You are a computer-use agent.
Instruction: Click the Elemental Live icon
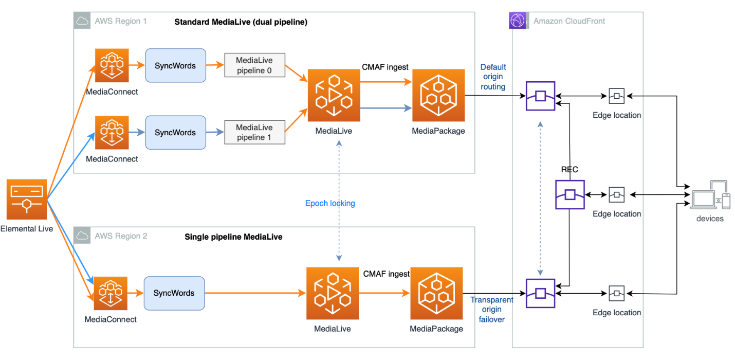(x=27, y=199)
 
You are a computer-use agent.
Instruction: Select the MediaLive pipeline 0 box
(x=254, y=65)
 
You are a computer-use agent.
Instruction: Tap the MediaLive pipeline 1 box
(x=254, y=132)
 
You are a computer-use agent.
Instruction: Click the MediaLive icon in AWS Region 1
(x=334, y=96)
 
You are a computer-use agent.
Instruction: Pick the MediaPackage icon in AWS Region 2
(x=436, y=293)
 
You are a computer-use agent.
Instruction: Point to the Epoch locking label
(x=330, y=203)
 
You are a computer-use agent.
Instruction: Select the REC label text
(x=570, y=169)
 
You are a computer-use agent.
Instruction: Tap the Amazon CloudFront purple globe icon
(x=518, y=21)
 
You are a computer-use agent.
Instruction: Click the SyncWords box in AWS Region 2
(x=174, y=293)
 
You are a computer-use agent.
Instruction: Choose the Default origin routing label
(x=493, y=77)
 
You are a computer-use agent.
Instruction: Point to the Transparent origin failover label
(x=492, y=310)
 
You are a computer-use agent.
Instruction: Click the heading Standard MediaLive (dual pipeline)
(x=241, y=22)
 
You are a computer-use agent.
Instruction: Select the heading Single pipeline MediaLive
(x=233, y=237)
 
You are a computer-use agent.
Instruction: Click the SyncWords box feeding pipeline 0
(x=175, y=66)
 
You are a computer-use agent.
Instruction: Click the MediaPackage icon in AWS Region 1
(x=438, y=96)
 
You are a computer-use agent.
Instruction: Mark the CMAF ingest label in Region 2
(x=386, y=274)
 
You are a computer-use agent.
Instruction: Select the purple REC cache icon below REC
(x=569, y=194)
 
